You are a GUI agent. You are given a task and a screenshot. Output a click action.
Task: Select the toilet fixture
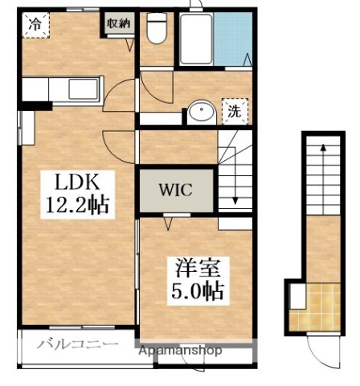(157, 32)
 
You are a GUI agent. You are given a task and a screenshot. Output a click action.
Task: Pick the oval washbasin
(201, 112)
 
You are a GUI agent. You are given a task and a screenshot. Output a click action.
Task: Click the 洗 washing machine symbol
(235, 110)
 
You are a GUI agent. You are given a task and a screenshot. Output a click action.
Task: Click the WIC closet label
(175, 191)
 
